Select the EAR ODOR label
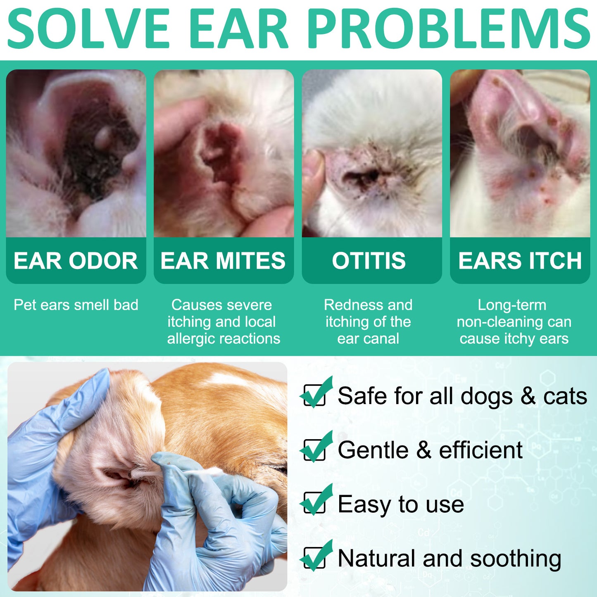click(76, 261)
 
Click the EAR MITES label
click(223, 261)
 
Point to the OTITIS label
click(369, 261)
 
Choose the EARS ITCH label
click(520, 261)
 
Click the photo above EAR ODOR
click(76, 153)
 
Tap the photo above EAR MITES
click(224, 153)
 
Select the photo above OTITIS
click(372, 153)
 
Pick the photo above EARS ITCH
click(520, 153)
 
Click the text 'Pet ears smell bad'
click(76, 305)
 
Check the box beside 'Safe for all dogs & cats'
click(314, 395)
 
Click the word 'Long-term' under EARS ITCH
click(512, 305)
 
